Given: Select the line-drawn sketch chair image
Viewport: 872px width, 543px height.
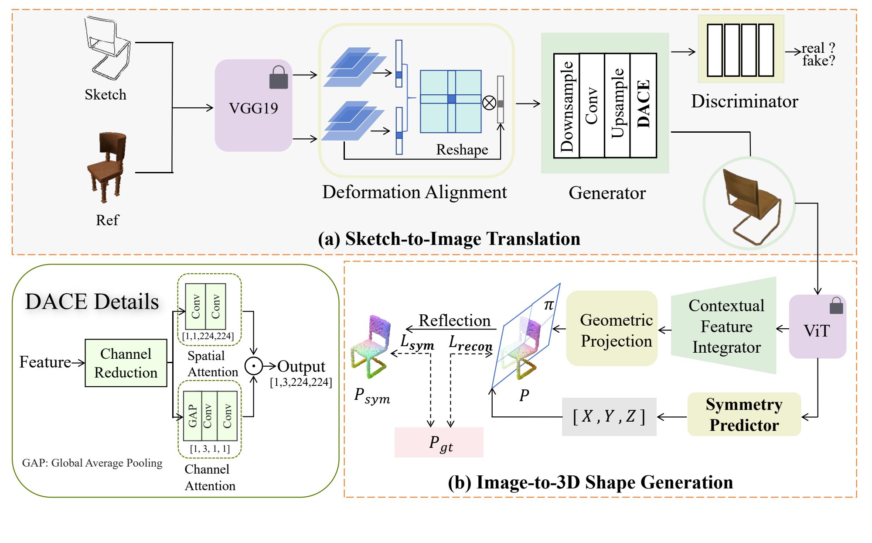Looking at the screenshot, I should (107, 48).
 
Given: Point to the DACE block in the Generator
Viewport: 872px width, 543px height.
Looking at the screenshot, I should (644, 105).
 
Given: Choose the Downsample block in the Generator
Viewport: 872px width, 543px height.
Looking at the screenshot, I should (566, 105).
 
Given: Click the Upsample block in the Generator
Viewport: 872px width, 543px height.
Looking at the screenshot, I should (617, 105).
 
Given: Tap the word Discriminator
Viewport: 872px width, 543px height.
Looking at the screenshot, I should (744, 101).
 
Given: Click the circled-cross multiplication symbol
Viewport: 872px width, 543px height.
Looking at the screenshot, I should (489, 103).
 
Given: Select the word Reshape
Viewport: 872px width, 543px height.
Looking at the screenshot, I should (462, 150).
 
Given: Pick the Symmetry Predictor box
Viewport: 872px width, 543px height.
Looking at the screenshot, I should (744, 414).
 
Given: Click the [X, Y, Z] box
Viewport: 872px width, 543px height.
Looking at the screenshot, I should (609, 416).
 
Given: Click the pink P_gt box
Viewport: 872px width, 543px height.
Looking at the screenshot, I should (439, 442).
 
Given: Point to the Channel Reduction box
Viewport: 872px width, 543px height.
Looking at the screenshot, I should (126, 363).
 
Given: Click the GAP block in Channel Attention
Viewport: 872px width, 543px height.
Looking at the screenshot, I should (193, 416).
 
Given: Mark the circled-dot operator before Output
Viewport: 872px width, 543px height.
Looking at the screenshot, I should (253, 366).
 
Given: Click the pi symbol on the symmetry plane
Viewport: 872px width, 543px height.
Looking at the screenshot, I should (548, 305).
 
